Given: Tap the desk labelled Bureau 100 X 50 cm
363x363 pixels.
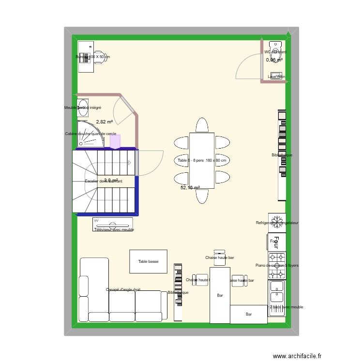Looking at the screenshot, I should (86, 57).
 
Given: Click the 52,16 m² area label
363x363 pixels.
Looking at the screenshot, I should (190, 187).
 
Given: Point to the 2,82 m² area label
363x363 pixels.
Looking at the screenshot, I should (104, 122).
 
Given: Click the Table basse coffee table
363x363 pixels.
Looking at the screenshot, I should (148, 261).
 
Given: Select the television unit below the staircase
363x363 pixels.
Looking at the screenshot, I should (113, 225).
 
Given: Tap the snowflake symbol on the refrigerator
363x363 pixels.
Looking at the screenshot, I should (277, 222).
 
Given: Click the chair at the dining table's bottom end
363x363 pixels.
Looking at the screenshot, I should (202, 197).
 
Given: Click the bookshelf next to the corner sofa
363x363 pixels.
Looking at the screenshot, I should (178, 292).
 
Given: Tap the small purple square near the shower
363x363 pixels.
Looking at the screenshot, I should (115, 141).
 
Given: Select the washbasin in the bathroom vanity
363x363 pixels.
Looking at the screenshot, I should (82, 108).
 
